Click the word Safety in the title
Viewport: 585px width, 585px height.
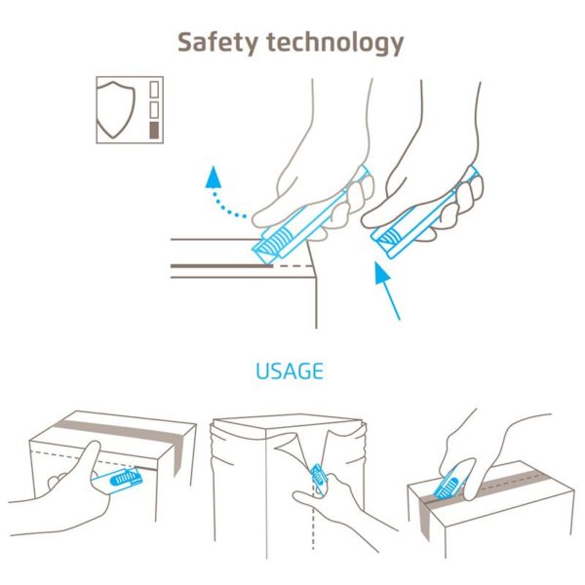(217, 43)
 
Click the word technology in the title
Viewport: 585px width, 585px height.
(335, 43)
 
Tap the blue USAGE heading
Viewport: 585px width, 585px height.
(290, 370)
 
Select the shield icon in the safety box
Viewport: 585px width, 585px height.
(116, 109)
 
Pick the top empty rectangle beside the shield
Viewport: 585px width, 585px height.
(154, 90)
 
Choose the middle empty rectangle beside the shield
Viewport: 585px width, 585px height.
(154, 109)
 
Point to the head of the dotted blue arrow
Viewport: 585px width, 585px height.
(214, 176)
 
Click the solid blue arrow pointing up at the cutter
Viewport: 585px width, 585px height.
(387, 291)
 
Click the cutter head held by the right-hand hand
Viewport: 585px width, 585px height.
(388, 240)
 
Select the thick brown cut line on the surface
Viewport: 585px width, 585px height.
(221, 266)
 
